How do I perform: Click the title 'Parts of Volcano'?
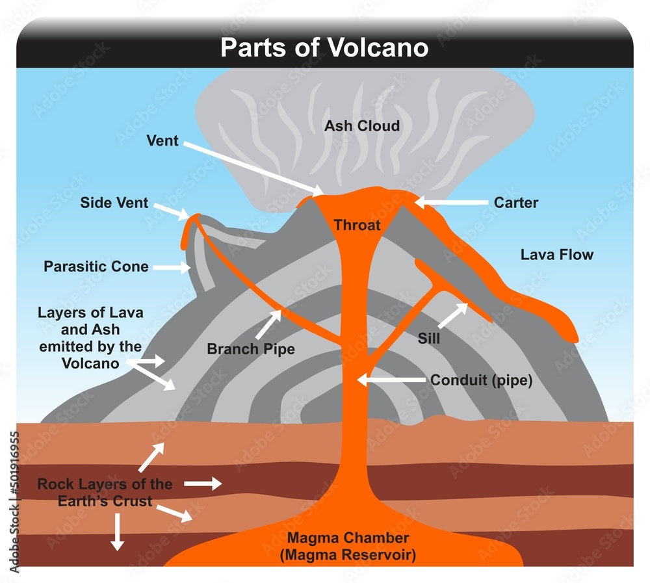tap(324, 48)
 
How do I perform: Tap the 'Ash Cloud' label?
tap(362, 125)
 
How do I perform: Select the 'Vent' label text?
tap(162, 140)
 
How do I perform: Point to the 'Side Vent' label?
tap(114, 203)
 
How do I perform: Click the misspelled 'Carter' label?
tap(516, 203)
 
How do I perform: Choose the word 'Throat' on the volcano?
tap(357, 226)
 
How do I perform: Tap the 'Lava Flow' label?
tap(557, 255)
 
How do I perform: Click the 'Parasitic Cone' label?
tap(96, 266)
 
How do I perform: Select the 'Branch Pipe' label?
tap(251, 349)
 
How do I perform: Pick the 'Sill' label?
tap(429, 339)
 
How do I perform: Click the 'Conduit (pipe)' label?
tap(482, 380)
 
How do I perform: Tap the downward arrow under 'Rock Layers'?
tap(117, 531)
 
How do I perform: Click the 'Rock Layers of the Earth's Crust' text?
tap(105, 493)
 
